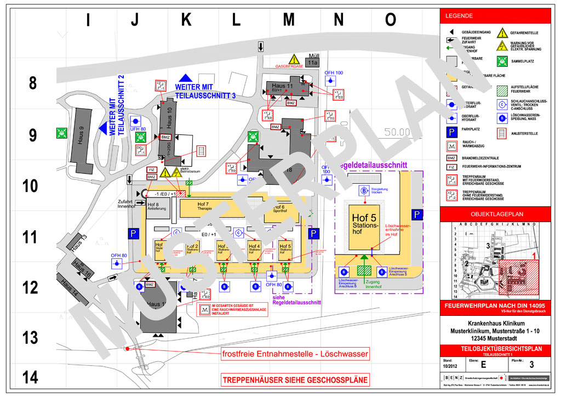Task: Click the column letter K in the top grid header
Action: [x=186, y=20]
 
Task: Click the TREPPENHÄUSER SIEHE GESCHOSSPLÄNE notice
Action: [x=294, y=379]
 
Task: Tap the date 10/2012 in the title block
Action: [x=450, y=366]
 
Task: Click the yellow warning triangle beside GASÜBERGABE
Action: [x=294, y=59]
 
